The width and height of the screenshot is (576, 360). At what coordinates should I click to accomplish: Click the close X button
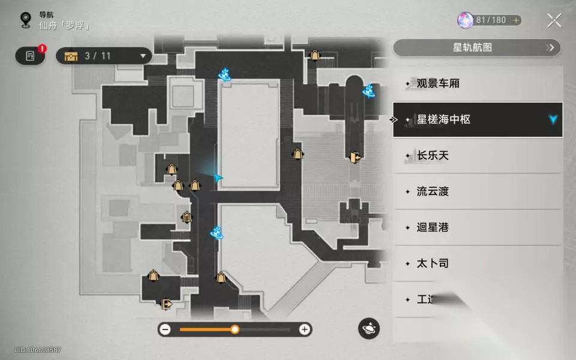click(554, 20)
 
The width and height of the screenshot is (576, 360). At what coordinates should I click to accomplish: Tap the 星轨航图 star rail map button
click(476, 47)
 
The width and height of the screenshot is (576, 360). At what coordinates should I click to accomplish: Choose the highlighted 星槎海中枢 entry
click(478, 119)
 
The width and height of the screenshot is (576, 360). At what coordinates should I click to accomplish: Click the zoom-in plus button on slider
click(305, 329)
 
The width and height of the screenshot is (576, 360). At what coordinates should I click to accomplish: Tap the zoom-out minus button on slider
click(166, 329)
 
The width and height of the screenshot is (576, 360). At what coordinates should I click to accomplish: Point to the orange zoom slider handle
click(235, 329)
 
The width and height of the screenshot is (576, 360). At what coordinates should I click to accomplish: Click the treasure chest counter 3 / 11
click(103, 56)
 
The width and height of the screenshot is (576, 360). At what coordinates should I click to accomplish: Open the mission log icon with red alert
click(31, 56)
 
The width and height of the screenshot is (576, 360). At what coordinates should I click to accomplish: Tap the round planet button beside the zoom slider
click(369, 329)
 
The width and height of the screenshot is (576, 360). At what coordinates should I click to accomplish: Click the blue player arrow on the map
click(218, 178)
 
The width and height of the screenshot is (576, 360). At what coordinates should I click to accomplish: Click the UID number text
click(38, 350)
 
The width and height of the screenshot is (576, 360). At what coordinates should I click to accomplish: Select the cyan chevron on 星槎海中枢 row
click(553, 119)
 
